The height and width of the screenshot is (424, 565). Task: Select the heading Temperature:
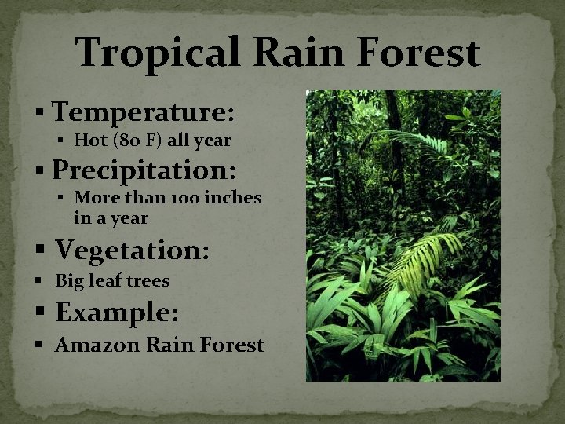[x=144, y=111]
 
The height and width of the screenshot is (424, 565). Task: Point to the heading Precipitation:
[x=145, y=170]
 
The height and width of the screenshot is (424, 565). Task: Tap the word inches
[x=233, y=198]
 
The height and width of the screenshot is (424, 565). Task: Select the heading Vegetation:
[x=133, y=250]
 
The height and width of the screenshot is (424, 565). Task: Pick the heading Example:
[x=118, y=312]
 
